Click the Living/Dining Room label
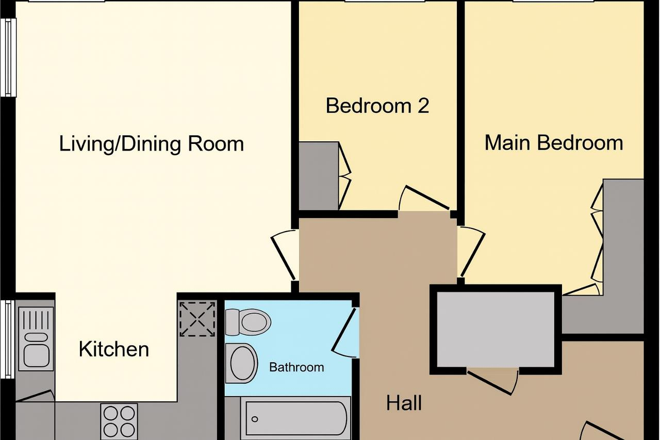[x=152, y=144]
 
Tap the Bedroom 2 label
[x=377, y=106]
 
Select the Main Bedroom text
[x=554, y=143]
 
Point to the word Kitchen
[x=114, y=350]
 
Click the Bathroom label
[x=296, y=367]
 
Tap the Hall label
[x=404, y=403]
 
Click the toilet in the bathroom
[x=248, y=322]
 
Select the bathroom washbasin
[x=241, y=363]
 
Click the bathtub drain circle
[x=255, y=419]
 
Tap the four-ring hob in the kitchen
[x=119, y=421]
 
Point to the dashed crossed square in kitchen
[x=197, y=319]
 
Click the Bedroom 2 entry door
[x=424, y=198]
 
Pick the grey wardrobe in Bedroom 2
[x=319, y=176]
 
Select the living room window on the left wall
[x=8, y=57]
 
